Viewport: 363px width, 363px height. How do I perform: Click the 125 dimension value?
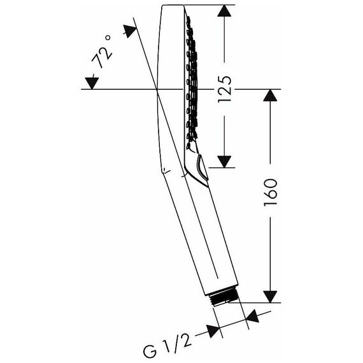click(225, 89)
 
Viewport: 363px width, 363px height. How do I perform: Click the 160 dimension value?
click(271, 192)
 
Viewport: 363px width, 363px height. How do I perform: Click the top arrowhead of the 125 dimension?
click(224, 11)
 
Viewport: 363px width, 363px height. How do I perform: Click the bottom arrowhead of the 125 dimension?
click(224, 162)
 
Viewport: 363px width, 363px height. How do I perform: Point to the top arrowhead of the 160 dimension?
click(270, 95)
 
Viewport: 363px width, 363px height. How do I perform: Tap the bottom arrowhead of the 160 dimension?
click(270, 297)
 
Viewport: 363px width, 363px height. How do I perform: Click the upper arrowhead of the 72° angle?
click(130, 31)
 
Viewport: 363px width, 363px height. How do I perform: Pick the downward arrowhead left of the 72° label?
click(92, 83)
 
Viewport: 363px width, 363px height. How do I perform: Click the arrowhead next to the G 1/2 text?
click(213, 331)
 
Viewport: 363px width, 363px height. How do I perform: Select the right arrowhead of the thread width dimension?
click(253, 316)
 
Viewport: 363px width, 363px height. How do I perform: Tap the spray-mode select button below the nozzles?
click(202, 167)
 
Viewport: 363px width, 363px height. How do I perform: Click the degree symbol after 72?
click(108, 38)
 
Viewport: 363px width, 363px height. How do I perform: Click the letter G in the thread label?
click(150, 352)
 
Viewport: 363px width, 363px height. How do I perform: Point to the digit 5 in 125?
click(225, 80)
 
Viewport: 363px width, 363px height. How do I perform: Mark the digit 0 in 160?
click(271, 183)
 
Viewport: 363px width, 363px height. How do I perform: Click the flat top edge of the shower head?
click(173, 5)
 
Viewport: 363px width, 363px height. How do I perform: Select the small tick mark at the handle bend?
click(166, 170)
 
